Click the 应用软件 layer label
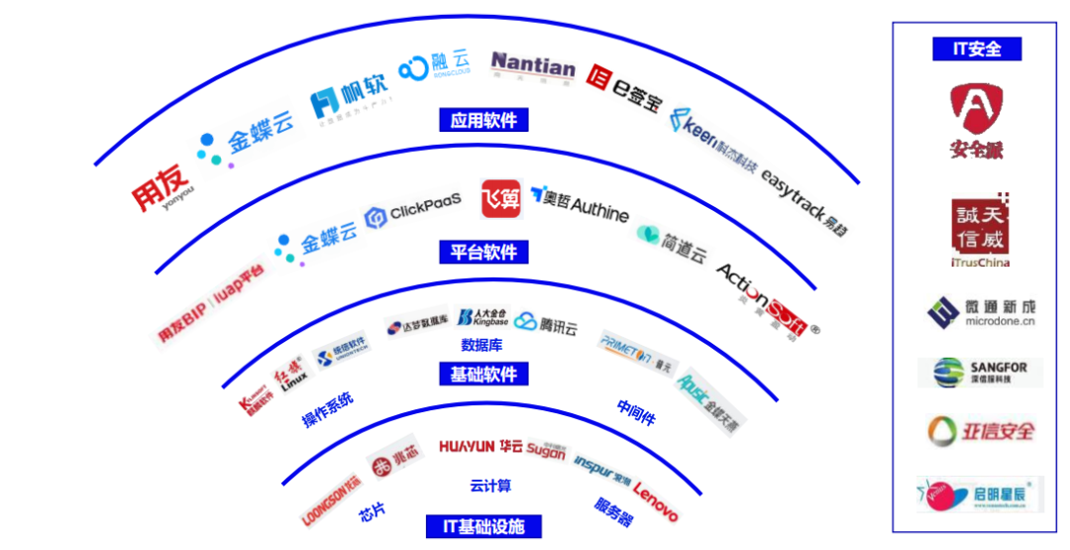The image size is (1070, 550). [x=483, y=120]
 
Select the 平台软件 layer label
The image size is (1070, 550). [x=483, y=252]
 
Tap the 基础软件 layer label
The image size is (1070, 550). [x=483, y=374]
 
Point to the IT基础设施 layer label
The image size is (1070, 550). [x=483, y=525]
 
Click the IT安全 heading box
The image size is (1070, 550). [x=976, y=49]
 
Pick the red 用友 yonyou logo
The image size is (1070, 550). [x=161, y=188]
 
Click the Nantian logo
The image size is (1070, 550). [x=532, y=65]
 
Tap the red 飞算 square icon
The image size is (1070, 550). [x=500, y=198]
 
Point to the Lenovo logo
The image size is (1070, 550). [x=656, y=501]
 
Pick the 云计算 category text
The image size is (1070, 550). [x=490, y=486]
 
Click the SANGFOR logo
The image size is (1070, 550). [x=976, y=373]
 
